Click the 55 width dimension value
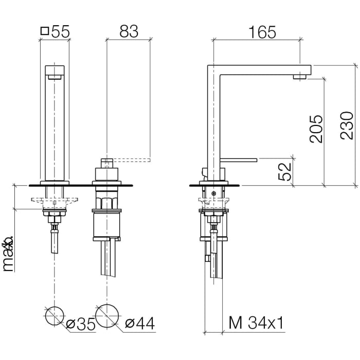coord(60,31)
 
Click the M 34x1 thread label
coord(256,323)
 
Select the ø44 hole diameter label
coord(140,323)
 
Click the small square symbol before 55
coord(44,31)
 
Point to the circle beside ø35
coord(55,315)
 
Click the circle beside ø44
coord(106,315)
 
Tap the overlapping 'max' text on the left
coord(8,255)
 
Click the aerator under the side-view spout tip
coord(300,77)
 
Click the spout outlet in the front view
coord(55,77)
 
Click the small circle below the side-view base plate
coord(213,193)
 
